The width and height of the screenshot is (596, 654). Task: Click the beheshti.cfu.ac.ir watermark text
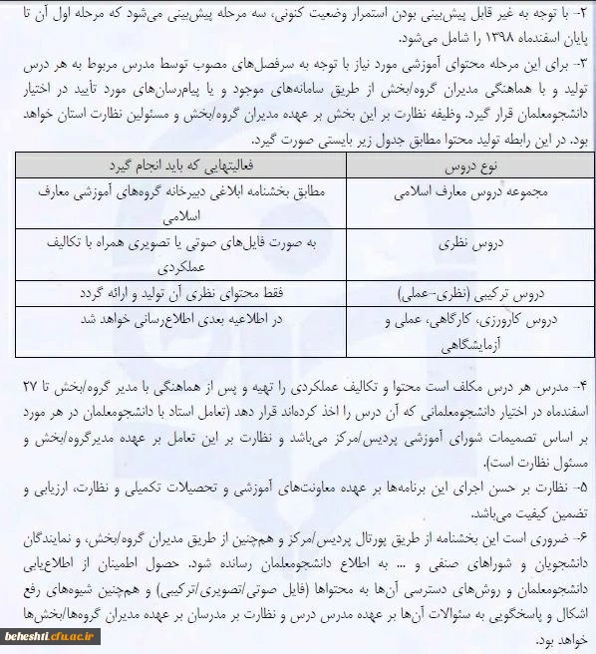point(45,632)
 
